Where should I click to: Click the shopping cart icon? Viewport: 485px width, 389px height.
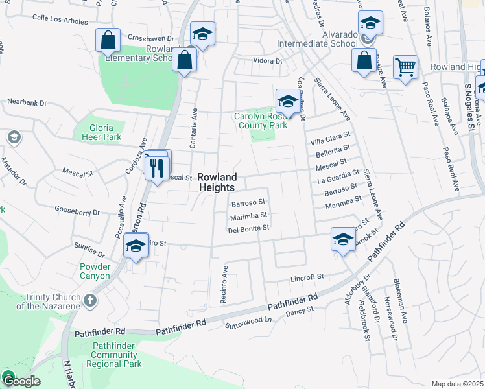click(405, 66)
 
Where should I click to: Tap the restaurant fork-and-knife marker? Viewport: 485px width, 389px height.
click(156, 169)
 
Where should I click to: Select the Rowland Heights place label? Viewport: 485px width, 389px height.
click(217, 182)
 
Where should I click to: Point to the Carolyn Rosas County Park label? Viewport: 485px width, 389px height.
click(261, 121)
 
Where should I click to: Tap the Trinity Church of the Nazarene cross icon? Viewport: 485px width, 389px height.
click(90, 301)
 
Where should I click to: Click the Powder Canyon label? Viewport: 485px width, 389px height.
click(95, 271)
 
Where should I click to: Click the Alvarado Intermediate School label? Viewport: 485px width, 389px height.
click(317, 39)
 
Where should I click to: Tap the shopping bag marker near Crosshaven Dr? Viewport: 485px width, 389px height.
click(107, 40)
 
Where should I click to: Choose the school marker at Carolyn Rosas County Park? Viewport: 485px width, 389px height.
click(287, 101)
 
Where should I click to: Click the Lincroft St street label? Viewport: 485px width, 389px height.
click(307, 277)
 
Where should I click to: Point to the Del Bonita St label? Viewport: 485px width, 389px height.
click(248, 229)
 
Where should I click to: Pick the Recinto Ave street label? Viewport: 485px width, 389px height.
click(225, 279)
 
